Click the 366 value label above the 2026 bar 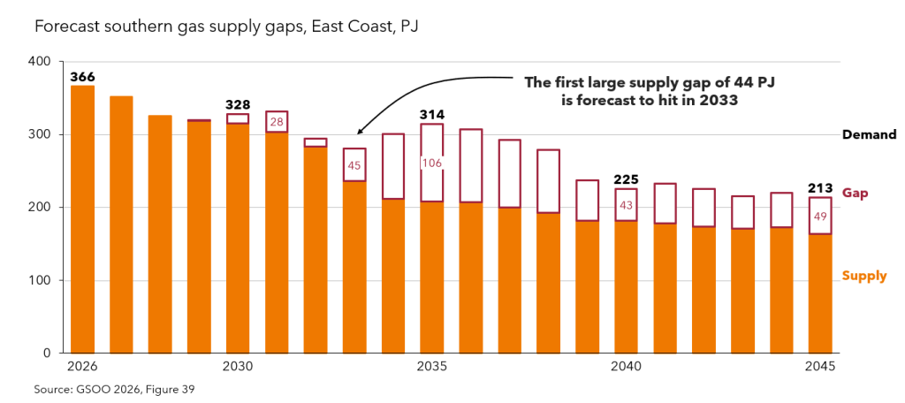click(82, 78)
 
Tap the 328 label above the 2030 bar click(238, 105)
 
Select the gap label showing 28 click(277, 122)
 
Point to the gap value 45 click(354, 165)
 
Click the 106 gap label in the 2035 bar click(431, 163)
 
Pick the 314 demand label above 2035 click(431, 115)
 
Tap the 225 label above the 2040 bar click(627, 179)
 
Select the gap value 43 click(627, 206)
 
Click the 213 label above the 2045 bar click(819, 188)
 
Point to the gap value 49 click(820, 217)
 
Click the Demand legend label click(870, 135)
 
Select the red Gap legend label click(856, 194)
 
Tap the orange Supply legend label click(864, 276)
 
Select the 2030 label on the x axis click(237, 367)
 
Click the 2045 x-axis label click(820, 367)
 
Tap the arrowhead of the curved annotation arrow click(359, 132)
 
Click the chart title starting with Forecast click(226, 27)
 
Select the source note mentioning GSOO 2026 click(114, 389)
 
